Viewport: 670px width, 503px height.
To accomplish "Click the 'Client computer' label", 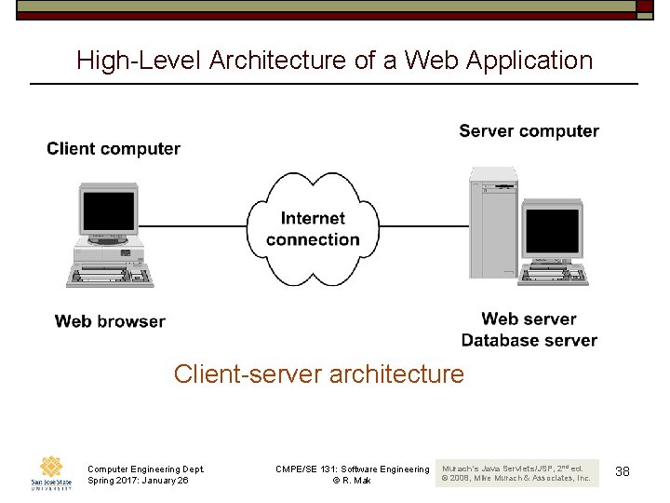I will (x=114, y=149).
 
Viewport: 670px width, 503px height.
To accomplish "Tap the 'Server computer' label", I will (x=529, y=131).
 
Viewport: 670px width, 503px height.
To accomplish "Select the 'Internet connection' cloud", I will (x=313, y=229).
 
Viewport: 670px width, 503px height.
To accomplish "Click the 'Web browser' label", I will (x=110, y=321).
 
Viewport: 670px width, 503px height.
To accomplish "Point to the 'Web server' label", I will (x=529, y=319).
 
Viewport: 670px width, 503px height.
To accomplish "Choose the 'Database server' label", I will (x=529, y=340).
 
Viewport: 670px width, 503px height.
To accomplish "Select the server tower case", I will (x=492, y=224).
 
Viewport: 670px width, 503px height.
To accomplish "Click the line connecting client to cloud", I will (x=194, y=225).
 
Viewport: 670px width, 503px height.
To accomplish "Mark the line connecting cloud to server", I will (x=423, y=225).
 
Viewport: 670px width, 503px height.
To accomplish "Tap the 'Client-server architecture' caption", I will (x=318, y=374).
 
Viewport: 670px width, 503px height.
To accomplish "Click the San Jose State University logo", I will (x=49, y=472).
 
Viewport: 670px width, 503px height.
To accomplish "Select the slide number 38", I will (x=623, y=472).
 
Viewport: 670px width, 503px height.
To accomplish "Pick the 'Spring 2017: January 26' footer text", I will (x=138, y=481).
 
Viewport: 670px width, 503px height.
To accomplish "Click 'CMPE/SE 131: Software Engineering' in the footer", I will (x=352, y=469).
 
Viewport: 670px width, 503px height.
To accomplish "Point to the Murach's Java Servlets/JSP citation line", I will (x=513, y=467).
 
